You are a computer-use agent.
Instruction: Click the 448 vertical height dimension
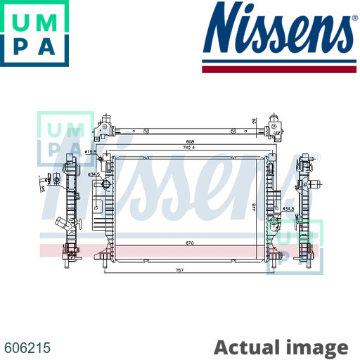coord(257,206)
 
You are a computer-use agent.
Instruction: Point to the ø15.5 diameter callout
coord(91,151)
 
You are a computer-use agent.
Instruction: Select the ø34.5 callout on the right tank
coord(288,209)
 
